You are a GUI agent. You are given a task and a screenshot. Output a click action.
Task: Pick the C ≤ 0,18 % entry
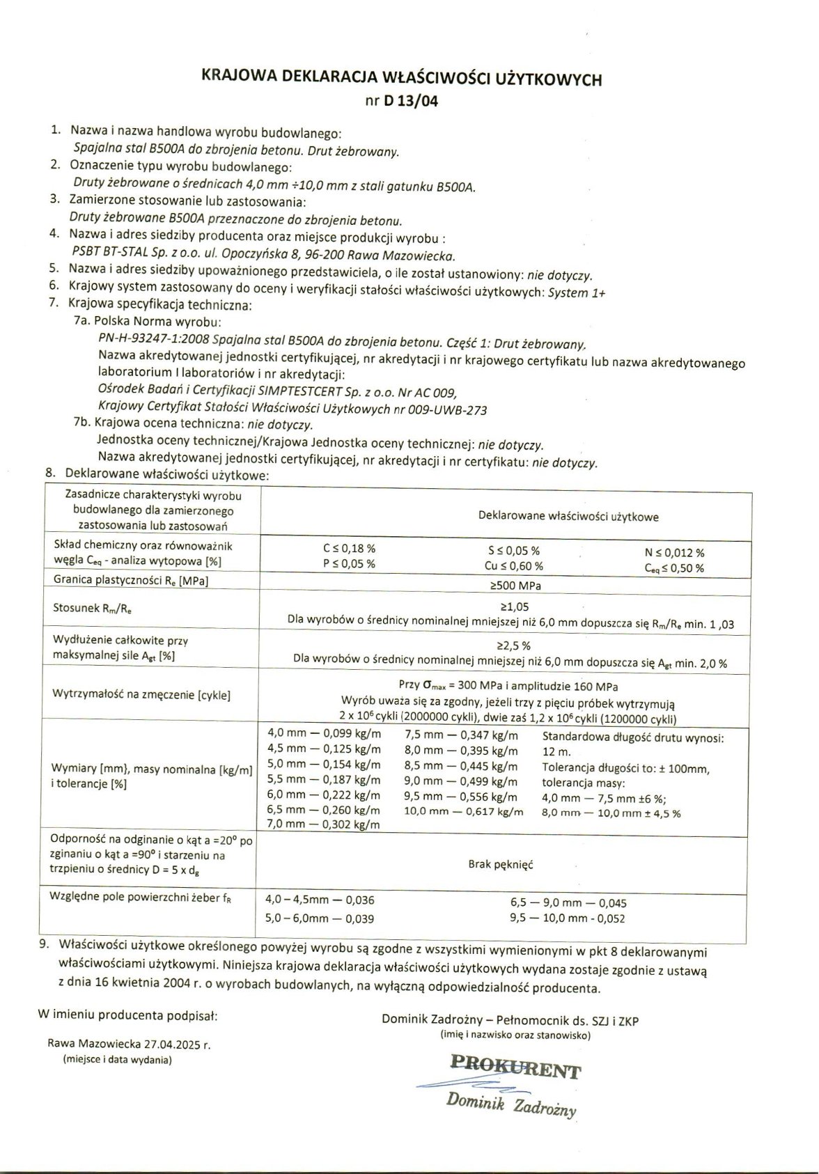(349, 549)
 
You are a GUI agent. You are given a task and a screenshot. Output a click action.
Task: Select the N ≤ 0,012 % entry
(674, 553)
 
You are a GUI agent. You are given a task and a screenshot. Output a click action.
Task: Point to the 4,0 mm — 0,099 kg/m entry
(324, 734)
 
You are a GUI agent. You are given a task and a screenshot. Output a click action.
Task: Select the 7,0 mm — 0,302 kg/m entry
(324, 824)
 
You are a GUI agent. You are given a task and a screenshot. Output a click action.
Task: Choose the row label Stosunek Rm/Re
(92, 608)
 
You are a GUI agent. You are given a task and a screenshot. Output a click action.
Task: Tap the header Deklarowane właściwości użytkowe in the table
(568, 517)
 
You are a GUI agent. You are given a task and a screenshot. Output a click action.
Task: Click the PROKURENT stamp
(515, 1066)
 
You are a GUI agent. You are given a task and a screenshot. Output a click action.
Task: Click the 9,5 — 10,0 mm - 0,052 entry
(568, 918)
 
